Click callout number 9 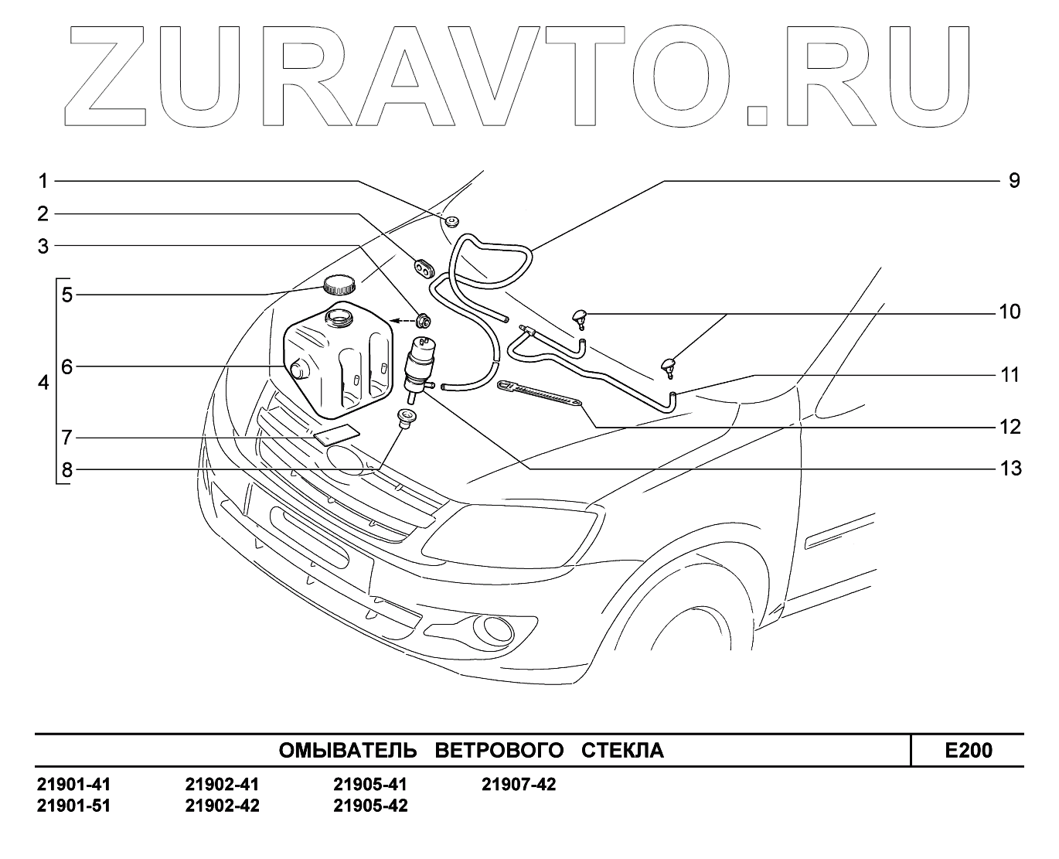pyautogui.click(x=1013, y=181)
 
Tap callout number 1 pyautogui.click(x=43, y=181)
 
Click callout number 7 pyautogui.click(x=66, y=438)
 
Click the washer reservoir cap pyautogui.click(x=339, y=285)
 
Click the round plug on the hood pyautogui.click(x=451, y=223)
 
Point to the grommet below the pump pyautogui.click(x=404, y=418)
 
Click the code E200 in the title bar pyautogui.click(x=969, y=750)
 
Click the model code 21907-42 pyautogui.click(x=519, y=785)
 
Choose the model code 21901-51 pyautogui.click(x=74, y=806)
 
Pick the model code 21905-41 pyautogui.click(x=370, y=785)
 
